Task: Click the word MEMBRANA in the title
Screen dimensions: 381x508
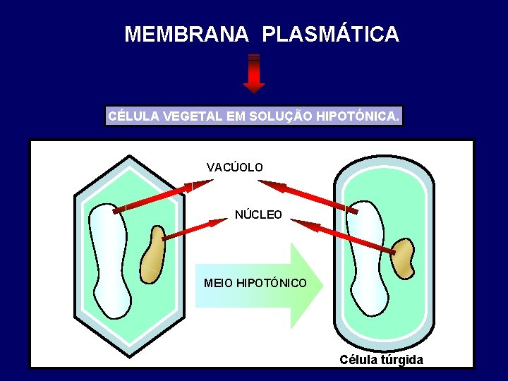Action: pyautogui.click(x=186, y=34)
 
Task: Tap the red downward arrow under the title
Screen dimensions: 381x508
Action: pyautogui.click(x=254, y=74)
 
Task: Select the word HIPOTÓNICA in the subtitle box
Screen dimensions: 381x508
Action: pyautogui.click(x=359, y=116)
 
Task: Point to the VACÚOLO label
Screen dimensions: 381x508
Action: pyautogui.click(x=235, y=167)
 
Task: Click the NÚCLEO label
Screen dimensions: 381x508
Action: pyautogui.click(x=258, y=214)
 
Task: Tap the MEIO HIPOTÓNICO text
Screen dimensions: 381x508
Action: pyautogui.click(x=255, y=283)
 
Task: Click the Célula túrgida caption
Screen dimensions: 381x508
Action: pyautogui.click(x=381, y=360)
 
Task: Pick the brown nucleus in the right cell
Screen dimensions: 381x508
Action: pyautogui.click(x=403, y=258)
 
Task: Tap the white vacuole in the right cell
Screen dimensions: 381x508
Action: pyautogui.click(x=370, y=261)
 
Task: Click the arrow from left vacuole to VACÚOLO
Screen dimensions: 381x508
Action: pyautogui.click(x=162, y=195)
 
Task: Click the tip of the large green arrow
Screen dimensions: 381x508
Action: pyautogui.click(x=320, y=285)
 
